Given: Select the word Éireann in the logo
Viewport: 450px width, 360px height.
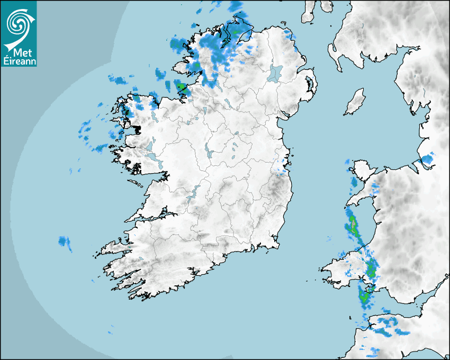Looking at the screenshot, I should point(19,61).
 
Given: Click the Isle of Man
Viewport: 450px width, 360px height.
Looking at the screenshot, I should point(355,102).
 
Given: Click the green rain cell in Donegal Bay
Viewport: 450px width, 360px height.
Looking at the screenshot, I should point(182,86).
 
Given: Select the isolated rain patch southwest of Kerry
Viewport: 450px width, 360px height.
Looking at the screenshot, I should point(65,242).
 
